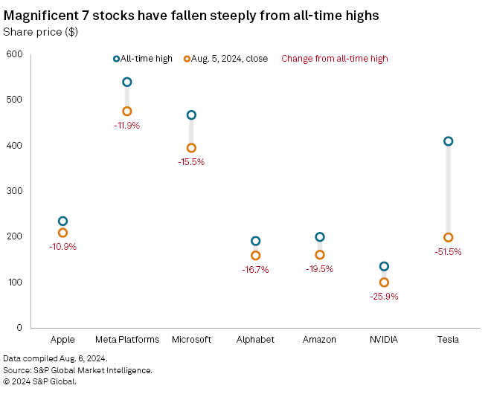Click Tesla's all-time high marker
point(448,141)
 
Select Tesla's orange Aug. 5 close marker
point(448,238)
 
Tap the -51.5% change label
point(448,252)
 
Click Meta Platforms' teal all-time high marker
point(127,83)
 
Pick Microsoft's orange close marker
point(191,148)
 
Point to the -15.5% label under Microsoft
point(191,161)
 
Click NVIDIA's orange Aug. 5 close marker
point(384,282)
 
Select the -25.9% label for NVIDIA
point(384,296)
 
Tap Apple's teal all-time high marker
point(63,222)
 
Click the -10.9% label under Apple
point(63,246)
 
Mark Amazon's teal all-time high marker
point(320,237)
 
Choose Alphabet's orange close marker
point(256,256)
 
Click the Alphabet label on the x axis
point(256,340)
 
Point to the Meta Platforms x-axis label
point(127,340)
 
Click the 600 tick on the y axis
point(14,54)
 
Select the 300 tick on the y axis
point(14,191)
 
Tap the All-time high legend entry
point(145,59)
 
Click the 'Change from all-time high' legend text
point(334,59)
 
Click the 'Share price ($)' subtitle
point(40,31)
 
